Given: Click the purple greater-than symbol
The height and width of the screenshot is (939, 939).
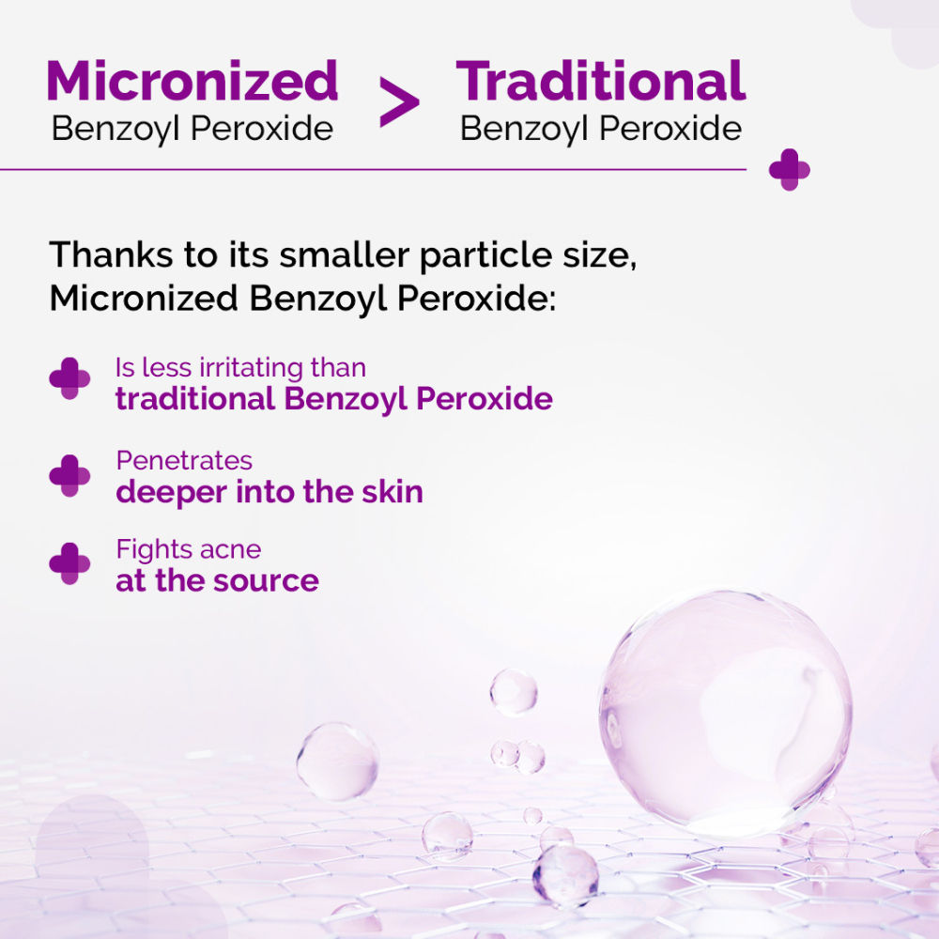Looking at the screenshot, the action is [399, 101].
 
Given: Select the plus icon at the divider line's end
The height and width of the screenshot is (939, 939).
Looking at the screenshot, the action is [790, 169].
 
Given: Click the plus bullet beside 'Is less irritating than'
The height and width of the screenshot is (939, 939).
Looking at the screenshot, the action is [69, 378].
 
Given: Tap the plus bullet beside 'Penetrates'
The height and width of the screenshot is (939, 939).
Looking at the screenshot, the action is [69, 475].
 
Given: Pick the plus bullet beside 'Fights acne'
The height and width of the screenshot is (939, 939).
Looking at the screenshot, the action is [69, 563].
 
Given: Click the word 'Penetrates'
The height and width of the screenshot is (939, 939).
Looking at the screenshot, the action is [184, 460].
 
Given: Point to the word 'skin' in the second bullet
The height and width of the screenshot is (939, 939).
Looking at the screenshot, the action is [393, 492].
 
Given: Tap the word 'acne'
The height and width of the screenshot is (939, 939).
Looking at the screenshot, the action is [231, 549].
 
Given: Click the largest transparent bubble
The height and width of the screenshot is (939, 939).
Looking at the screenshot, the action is [725, 714].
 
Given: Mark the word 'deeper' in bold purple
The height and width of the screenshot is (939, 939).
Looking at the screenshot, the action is [172, 493].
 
